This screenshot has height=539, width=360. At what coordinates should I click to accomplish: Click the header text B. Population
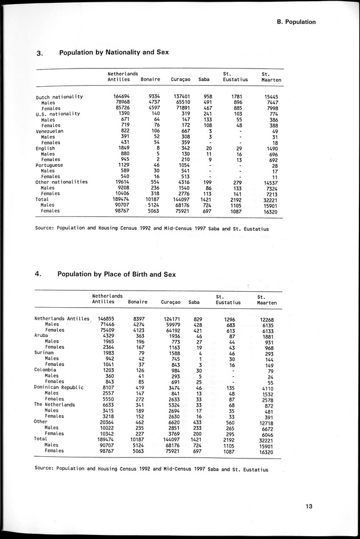(x=296, y=22)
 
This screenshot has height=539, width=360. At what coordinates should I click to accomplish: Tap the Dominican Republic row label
(x=59, y=387)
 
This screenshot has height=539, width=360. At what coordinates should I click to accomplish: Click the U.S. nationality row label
(x=57, y=114)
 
